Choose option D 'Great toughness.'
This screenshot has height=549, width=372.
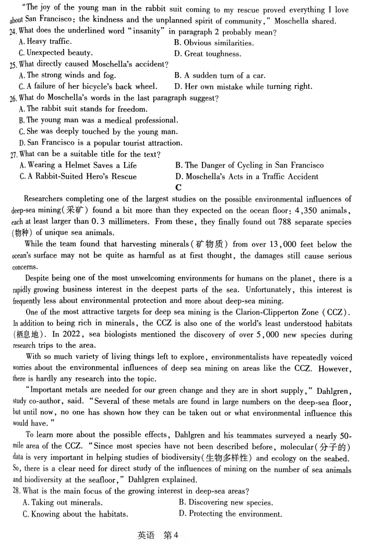coord(208,54)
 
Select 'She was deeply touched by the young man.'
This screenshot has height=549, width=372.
coord(98,132)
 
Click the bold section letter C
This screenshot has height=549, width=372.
coord(178,188)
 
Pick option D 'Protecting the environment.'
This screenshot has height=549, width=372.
coord(230,513)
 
